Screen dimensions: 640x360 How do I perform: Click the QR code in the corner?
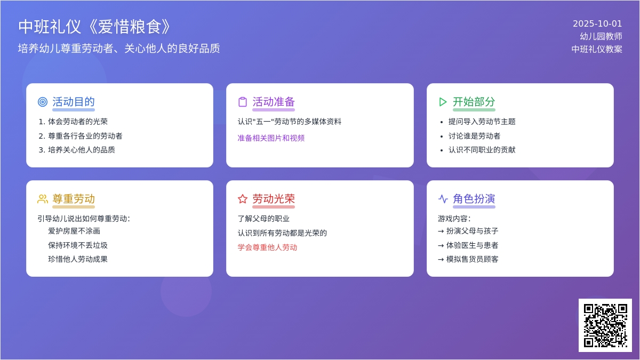coord(605,325)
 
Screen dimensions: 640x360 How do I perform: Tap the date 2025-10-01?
coord(597,23)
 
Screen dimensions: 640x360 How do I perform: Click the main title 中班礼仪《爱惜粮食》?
coord(94,27)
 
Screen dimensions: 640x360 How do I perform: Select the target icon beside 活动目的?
coord(43,102)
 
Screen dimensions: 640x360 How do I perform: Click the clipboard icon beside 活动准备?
coord(243,102)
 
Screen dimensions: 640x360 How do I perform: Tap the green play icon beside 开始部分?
coord(443,102)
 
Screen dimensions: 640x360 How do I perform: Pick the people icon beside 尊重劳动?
coord(43,199)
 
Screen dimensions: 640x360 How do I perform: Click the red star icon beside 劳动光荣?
coord(243,199)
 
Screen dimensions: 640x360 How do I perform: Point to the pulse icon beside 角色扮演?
coord(443,199)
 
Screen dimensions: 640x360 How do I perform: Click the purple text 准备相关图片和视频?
coord(271,138)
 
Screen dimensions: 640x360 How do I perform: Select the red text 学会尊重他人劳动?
coord(267,247)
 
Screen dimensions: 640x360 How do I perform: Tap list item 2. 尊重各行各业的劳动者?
coord(81,136)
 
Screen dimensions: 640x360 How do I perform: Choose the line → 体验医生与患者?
coord(468,245)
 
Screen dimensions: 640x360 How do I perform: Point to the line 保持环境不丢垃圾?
coord(78,245)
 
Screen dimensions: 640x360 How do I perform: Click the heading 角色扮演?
coord(474,199)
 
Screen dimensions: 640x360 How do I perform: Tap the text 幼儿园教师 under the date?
coord(601,36)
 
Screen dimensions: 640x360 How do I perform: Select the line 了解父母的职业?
coord(263,219)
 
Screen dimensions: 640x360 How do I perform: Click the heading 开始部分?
coord(474,102)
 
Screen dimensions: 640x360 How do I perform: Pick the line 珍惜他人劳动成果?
coord(78,259)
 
